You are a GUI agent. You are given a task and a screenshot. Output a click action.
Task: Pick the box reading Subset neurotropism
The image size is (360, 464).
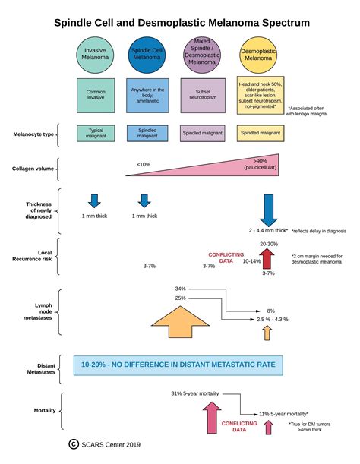point(203,94)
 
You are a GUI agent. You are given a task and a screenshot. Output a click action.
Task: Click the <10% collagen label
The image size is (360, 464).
point(144,164)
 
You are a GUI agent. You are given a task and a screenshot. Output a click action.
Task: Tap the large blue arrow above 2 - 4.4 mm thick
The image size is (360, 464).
point(267,209)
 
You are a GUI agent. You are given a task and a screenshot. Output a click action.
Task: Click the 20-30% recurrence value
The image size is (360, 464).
point(268,244)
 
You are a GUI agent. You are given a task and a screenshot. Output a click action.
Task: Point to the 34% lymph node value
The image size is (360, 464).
point(180,289)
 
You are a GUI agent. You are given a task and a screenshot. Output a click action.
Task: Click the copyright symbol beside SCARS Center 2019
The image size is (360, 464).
point(74,444)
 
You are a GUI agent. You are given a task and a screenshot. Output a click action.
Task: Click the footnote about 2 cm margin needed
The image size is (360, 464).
point(315,260)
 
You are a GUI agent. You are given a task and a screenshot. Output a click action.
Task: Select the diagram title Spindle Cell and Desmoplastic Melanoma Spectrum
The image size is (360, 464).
point(181,23)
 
